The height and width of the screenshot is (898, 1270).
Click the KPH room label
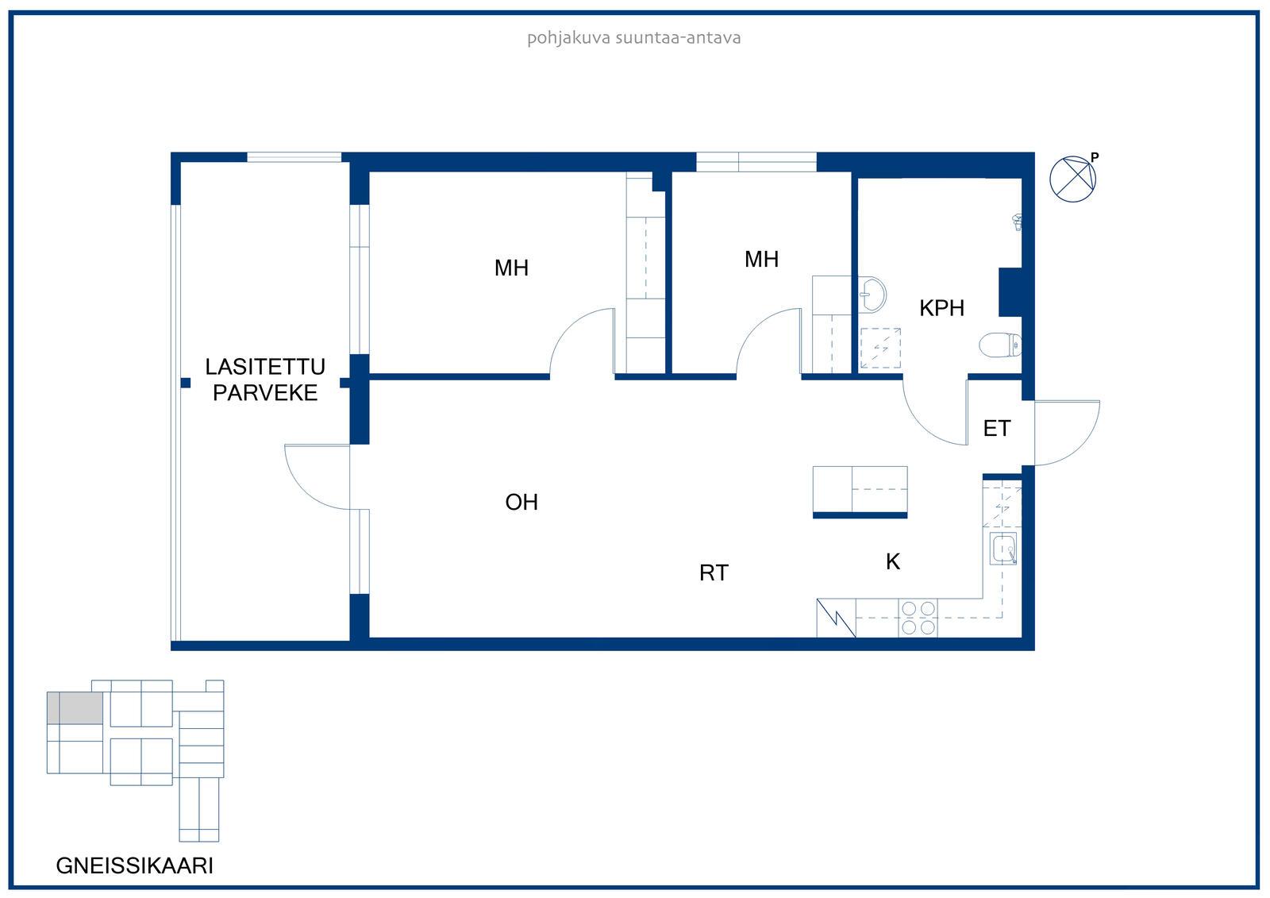point(941,308)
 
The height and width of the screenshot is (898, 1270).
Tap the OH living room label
point(521,502)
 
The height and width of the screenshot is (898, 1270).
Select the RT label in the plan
point(714,573)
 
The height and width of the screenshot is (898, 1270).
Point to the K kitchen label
point(893,561)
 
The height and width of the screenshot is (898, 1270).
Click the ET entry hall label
point(997,428)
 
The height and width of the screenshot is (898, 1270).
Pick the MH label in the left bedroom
point(511,268)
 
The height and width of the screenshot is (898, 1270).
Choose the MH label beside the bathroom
point(761,260)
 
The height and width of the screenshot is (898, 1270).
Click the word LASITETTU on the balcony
point(265,367)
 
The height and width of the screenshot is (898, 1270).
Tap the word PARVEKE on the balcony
point(265,393)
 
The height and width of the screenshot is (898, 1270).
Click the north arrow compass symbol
point(1072,179)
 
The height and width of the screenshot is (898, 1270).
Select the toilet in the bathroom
point(1001,345)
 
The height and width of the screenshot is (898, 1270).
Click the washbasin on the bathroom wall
point(872,295)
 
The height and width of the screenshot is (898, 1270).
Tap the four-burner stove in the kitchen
point(918,618)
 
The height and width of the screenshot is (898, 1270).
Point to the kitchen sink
point(1003,549)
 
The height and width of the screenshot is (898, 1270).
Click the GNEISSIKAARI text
point(134,865)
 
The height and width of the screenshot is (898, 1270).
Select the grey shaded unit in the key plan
point(75,708)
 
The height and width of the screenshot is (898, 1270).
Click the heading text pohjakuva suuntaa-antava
point(634,38)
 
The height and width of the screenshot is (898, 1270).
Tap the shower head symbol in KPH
point(1018,222)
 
